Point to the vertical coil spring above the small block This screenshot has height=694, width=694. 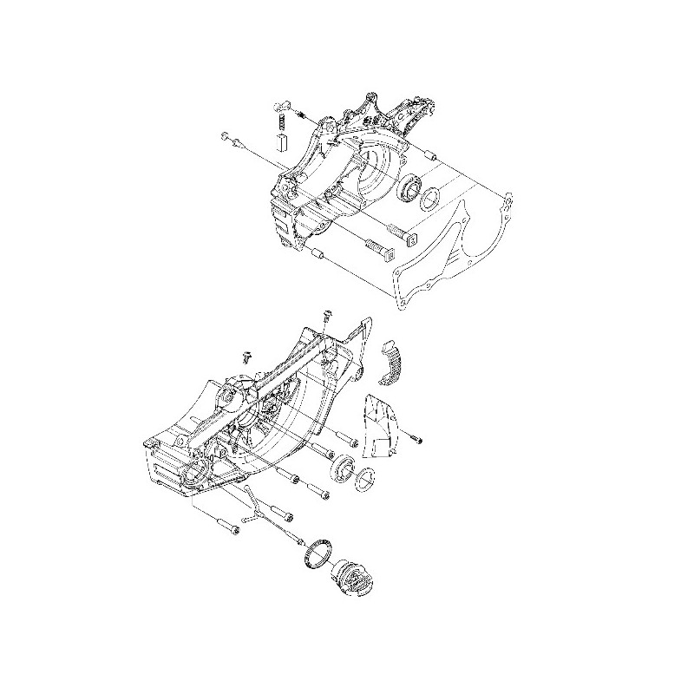tap(282, 122)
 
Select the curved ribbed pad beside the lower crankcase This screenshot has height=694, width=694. tap(393, 358)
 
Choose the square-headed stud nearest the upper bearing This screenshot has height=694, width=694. tap(405, 232)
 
